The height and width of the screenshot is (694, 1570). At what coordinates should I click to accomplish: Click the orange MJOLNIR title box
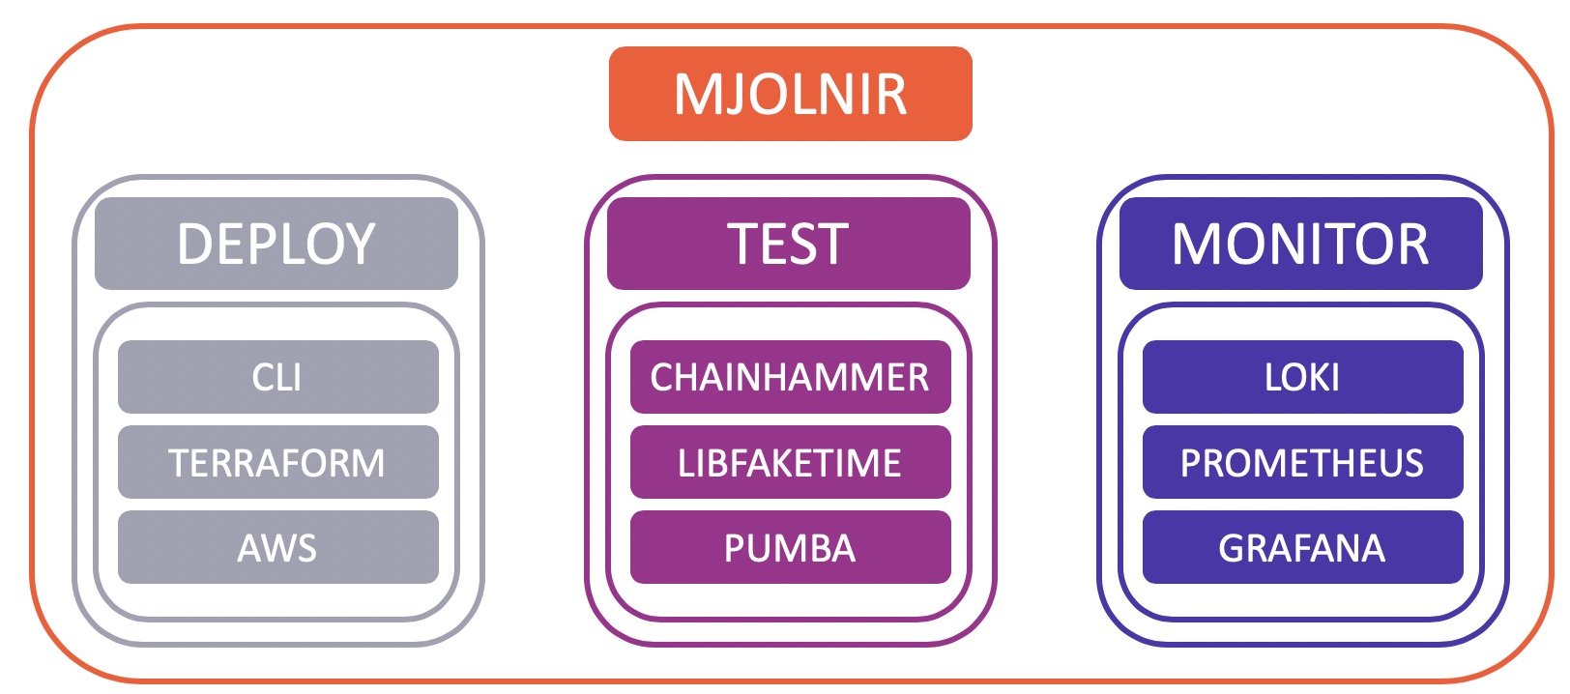coord(791,94)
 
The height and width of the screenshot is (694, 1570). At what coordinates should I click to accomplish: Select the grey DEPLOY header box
coord(276,244)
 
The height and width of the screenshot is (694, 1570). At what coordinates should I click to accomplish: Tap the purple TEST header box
coord(789,244)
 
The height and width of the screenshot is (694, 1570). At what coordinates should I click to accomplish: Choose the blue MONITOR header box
coord(1301,244)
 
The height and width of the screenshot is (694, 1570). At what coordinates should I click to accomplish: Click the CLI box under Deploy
coord(278,377)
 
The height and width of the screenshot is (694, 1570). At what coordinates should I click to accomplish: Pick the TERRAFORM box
coord(278,462)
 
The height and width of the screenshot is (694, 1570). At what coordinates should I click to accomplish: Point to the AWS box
coord(278,547)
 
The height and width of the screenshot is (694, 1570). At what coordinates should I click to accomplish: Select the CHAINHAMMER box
coord(791,377)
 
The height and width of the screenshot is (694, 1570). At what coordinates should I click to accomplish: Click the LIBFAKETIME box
coord(791,462)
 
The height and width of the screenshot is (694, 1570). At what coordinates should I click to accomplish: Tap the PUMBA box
coord(791,547)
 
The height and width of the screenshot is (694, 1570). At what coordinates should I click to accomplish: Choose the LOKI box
coord(1303,377)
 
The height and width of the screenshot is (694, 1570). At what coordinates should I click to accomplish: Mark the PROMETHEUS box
coord(1303,462)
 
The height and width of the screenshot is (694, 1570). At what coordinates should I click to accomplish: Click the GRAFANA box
coord(1303,547)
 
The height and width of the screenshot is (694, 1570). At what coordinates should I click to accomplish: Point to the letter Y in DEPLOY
coord(358,244)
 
